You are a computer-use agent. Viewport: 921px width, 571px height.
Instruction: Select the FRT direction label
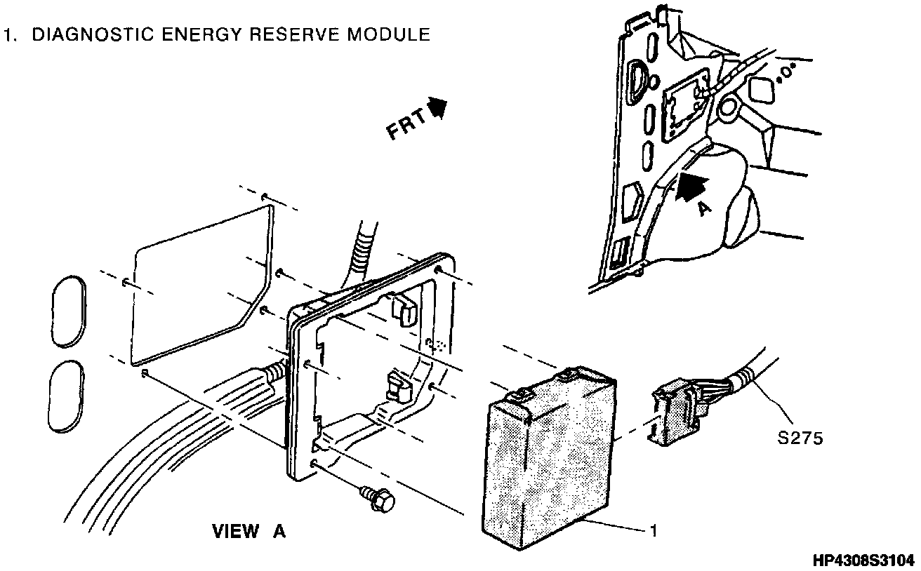[406, 126]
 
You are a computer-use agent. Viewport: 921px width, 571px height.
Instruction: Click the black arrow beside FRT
[438, 107]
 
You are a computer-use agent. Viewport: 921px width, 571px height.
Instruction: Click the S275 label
[800, 438]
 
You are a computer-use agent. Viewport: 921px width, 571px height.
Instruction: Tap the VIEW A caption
[249, 532]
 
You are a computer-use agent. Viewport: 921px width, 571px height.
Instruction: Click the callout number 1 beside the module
[653, 531]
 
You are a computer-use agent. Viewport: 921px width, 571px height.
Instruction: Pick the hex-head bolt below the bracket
[379, 499]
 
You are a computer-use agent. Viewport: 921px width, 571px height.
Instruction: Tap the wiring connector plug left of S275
[677, 414]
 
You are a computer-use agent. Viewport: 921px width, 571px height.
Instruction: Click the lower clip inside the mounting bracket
[397, 387]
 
